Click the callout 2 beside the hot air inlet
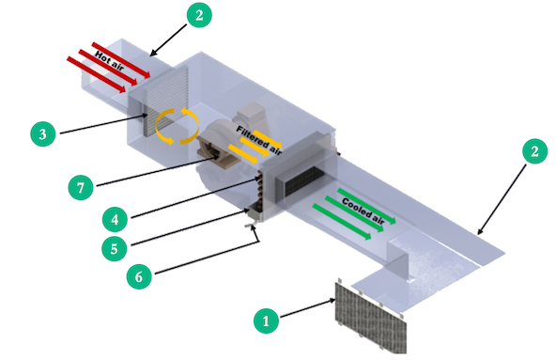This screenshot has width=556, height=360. point(200,15)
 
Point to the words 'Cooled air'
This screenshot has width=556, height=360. point(362,206)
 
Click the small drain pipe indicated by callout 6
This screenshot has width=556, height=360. point(251,225)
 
